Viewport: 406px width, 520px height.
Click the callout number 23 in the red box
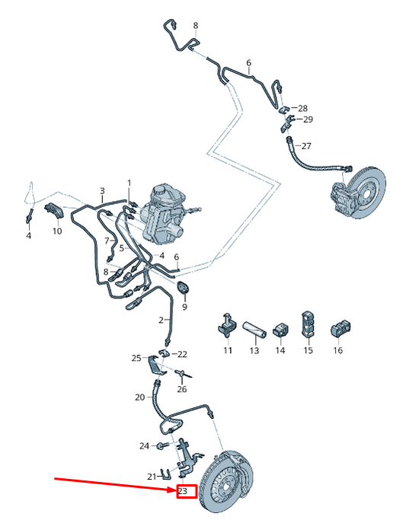tap(183, 491)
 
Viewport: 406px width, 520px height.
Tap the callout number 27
tap(305, 146)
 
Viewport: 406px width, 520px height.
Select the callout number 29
tap(308, 120)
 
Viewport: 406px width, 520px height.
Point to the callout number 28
tap(302, 108)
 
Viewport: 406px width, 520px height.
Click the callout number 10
tap(57, 231)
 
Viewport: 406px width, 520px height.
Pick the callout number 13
tap(254, 350)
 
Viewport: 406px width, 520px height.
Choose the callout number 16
tap(337, 350)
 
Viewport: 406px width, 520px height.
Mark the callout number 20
tap(140, 397)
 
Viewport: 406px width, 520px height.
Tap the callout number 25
tap(136, 358)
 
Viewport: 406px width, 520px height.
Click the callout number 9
tap(184, 307)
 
